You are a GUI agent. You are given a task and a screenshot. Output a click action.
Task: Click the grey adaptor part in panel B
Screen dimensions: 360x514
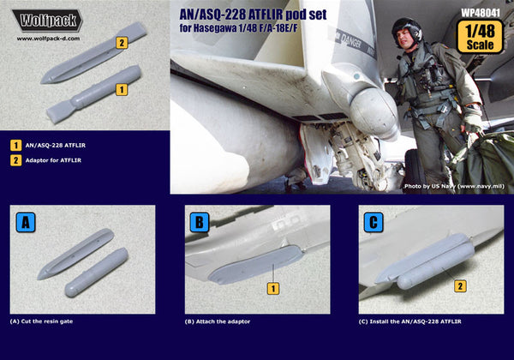(x=254, y=267)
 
